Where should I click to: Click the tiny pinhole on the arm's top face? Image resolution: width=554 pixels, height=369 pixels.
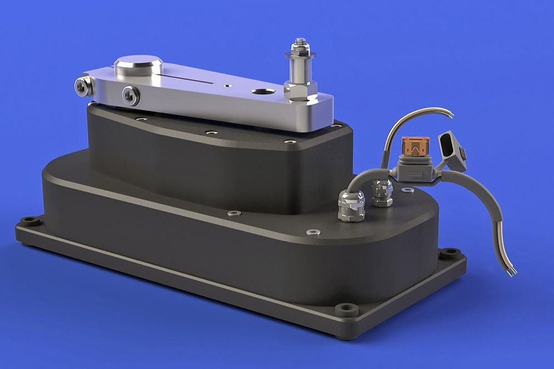[x=227, y=86]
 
